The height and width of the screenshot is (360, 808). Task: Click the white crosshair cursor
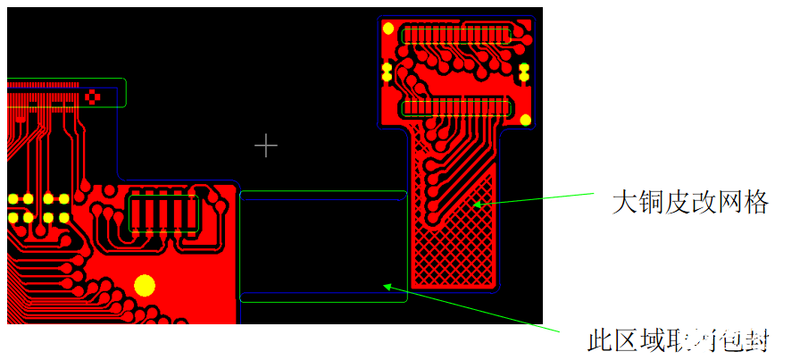tap(266, 145)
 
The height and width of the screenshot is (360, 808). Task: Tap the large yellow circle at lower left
tap(144, 285)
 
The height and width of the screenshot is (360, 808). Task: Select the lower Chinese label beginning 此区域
tap(678, 340)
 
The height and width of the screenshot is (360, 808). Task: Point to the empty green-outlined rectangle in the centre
tap(323, 246)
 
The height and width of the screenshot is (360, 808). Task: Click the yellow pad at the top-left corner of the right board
tap(388, 28)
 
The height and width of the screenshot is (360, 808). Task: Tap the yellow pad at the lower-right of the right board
tap(526, 120)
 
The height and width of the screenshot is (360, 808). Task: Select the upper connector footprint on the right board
tap(457, 36)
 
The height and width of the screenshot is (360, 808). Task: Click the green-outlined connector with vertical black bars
tap(165, 213)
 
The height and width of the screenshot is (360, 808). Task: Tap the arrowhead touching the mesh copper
tap(477, 205)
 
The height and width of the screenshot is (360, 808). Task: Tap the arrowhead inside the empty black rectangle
tap(387, 286)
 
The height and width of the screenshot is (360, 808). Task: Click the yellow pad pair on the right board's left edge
tap(387, 71)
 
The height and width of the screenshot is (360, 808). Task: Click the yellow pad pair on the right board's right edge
tap(524, 72)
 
